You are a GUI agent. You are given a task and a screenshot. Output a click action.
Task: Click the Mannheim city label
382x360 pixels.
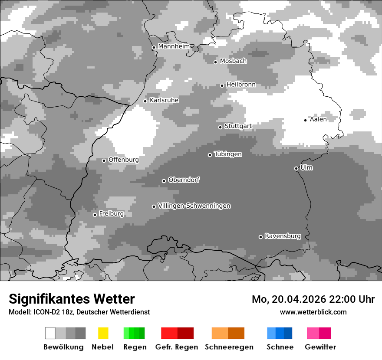click(x=174, y=46)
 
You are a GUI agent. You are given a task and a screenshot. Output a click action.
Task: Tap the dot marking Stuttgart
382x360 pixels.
click(x=221, y=127)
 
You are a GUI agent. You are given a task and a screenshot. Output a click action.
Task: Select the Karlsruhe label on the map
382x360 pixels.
click(x=164, y=100)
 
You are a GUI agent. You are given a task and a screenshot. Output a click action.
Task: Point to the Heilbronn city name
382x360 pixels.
click(x=241, y=85)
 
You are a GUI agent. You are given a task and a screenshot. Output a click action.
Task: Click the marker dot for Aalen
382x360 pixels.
click(x=306, y=120)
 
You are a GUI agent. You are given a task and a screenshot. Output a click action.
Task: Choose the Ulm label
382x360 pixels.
click(x=306, y=167)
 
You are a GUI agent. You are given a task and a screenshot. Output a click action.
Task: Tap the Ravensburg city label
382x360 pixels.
click(x=283, y=236)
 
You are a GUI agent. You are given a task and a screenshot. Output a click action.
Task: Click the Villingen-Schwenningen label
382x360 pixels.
click(x=194, y=206)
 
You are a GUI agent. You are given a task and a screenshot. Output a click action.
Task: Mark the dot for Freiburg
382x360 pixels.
click(x=95, y=215)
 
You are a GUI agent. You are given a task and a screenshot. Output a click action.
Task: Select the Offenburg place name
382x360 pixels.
click(x=124, y=160)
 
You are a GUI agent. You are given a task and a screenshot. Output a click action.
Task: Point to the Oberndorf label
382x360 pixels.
click(x=184, y=180)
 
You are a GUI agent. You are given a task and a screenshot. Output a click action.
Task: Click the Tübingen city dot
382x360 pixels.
click(x=210, y=155)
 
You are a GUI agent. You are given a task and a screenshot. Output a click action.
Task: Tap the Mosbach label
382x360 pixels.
click(x=233, y=61)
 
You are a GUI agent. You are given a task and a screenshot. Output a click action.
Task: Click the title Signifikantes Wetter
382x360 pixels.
click(x=72, y=299)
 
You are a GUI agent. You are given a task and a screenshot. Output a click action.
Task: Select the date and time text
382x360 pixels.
click(x=313, y=299)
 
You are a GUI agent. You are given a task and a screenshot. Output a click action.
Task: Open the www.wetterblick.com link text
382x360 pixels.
click(x=313, y=312)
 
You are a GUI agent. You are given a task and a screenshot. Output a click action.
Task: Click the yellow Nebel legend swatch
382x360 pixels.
click(x=103, y=333)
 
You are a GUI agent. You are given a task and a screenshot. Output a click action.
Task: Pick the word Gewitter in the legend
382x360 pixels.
click(x=320, y=347)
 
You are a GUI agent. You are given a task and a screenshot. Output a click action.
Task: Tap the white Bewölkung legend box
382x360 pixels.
click(x=50, y=333)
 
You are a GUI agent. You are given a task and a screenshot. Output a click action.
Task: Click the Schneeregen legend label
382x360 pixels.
click(x=229, y=347)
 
